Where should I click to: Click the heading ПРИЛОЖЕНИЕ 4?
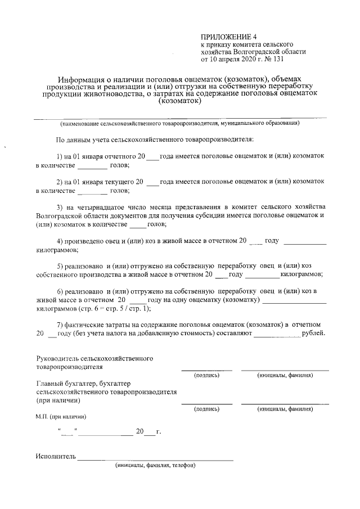[228, 37]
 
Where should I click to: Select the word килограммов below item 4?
[57, 249]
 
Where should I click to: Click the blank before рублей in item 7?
[277, 335]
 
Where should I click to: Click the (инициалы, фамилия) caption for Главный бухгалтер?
[285, 409]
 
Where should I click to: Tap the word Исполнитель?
[55, 456]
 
